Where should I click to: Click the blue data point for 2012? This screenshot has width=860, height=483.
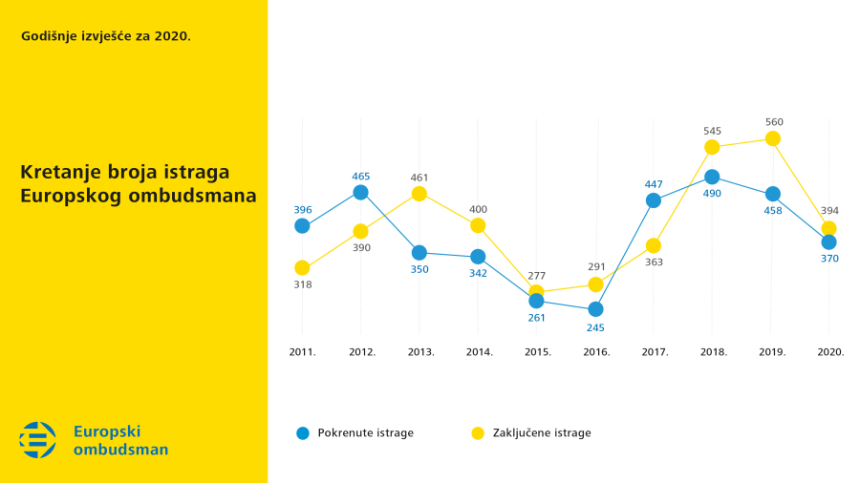click(x=360, y=192)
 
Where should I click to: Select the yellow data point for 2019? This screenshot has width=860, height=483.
click(x=773, y=138)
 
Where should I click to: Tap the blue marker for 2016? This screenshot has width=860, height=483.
click(x=595, y=309)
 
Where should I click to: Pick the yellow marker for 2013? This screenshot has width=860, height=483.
click(x=419, y=194)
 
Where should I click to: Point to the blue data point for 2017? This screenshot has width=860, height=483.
click(x=654, y=200)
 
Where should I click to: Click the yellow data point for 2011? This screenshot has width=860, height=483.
click(x=302, y=268)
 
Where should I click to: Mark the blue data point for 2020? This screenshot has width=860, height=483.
click(x=828, y=241)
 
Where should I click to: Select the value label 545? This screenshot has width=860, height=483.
click(x=712, y=131)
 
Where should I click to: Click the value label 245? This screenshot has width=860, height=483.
click(x=595, y=327)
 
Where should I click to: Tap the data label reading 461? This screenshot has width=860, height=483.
click(x=419, y=178)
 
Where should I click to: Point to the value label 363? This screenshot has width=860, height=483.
click(x=654, y=262)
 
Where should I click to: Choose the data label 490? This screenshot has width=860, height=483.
click(x=712, y=194)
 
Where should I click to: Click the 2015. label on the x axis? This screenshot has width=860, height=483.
click(x=538, y=352)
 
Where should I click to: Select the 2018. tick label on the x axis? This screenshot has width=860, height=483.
click(x=713, y=352)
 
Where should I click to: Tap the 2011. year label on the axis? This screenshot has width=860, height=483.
click(x=302, y=352)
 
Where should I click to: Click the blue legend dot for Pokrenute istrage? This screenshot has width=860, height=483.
click(x=302, y=432)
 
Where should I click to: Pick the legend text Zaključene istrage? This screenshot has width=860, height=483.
click(x=542, y=432)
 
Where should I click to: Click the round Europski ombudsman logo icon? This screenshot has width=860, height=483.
click(x=38, y=440)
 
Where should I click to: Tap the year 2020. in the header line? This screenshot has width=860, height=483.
click(x=172, y=36)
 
